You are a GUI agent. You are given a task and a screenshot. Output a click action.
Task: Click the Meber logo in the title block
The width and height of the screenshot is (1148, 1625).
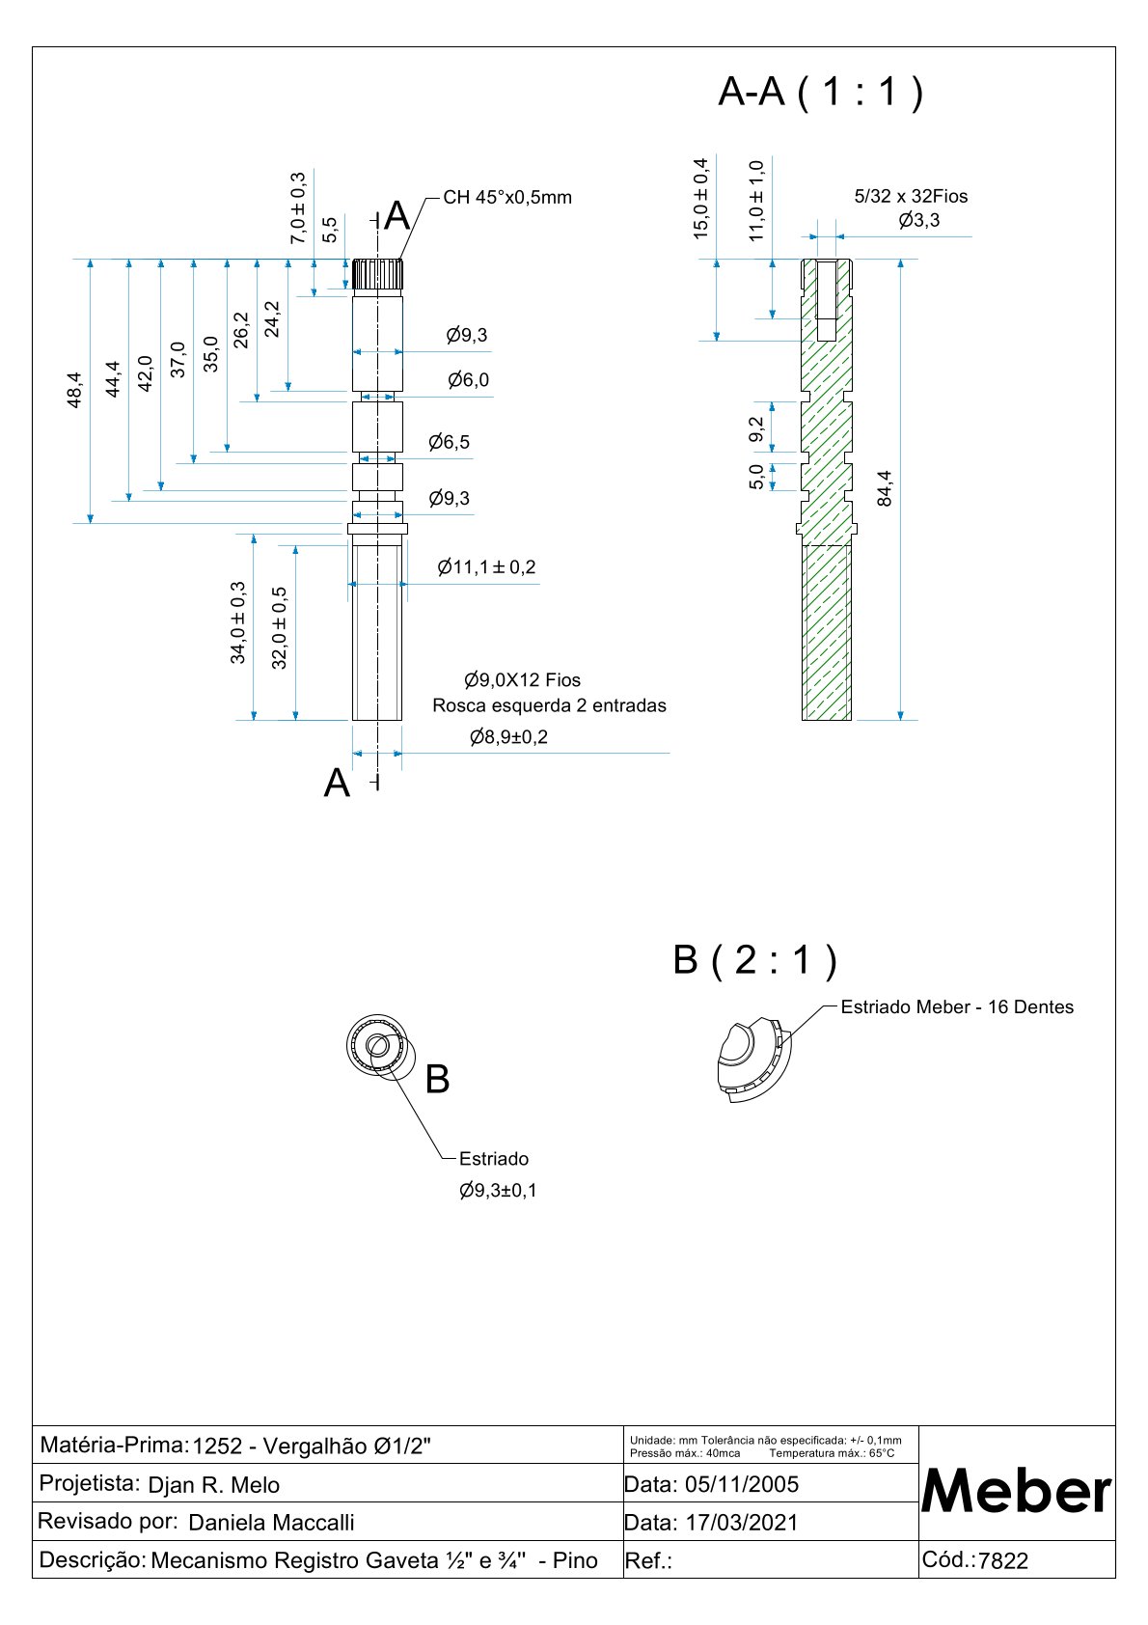click(x=1017, y=1491)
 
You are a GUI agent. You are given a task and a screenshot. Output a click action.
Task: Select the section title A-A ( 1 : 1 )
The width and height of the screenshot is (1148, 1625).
click(x=820, y=92)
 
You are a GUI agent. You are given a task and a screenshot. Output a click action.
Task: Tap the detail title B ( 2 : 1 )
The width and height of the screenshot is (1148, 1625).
click(x=754, y=960)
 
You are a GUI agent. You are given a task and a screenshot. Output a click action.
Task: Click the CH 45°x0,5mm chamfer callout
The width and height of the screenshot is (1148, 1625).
click(x=507, y=198)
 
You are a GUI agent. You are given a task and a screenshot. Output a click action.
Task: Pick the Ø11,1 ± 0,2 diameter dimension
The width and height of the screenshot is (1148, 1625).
click(x=486, y=567)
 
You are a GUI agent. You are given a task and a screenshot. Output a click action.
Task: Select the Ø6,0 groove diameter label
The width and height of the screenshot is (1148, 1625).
click(x=468, y=380)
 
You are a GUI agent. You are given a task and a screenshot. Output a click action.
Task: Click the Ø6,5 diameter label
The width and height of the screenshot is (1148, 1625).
click(x=450, y=442)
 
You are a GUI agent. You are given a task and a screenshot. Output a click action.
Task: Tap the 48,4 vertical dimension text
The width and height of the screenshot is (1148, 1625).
click(x=75, y=391)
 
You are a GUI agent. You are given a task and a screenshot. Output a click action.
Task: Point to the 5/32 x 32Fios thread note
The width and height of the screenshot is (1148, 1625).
click(x=911, y=197)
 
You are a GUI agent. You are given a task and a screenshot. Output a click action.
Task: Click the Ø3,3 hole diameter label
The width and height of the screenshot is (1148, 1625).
click(x=918, y=221)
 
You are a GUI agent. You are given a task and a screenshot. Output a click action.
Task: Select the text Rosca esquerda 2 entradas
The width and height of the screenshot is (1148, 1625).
click(x=549, y=705)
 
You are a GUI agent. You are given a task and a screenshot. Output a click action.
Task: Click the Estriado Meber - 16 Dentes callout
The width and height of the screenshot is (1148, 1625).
click(x=957, y=1007)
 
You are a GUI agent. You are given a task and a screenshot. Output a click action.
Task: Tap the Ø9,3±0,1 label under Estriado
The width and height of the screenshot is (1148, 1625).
click(x=498, y=1191)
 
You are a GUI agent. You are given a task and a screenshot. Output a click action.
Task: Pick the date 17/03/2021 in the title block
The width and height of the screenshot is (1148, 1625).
click(x=742, y=1523)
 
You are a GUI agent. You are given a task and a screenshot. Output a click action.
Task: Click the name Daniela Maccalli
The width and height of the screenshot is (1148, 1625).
click(x=271, y=1523)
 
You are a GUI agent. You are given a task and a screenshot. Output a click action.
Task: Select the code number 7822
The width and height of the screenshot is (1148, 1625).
click(x=1003, y=1561)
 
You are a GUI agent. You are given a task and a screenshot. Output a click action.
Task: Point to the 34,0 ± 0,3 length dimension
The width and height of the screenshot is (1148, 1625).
click(x=237, y=622)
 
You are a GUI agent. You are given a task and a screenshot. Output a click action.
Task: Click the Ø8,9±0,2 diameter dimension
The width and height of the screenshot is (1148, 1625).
click(x=508, y=737)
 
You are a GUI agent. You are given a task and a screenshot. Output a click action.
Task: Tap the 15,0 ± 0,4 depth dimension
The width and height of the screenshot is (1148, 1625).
click(x=701, y=198)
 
